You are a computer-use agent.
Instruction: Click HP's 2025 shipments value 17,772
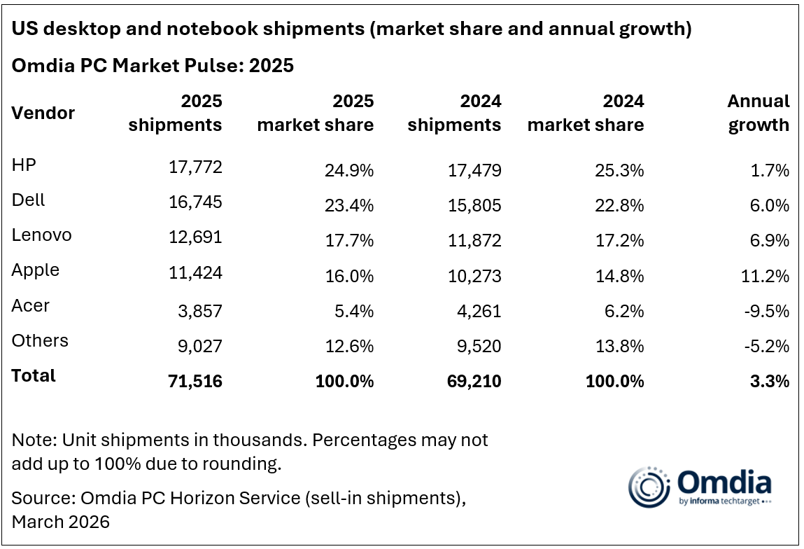click(x=195, y=167)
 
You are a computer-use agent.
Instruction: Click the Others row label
click(x=40, y=341)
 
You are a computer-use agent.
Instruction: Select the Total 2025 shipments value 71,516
click(x=195, y=381)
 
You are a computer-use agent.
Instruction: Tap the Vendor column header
click(x=43, y=113)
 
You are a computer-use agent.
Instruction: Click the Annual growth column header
click(x=759, y=113)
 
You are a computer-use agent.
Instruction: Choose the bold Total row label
click(x=34, y=375)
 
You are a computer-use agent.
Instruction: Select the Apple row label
click(x=35, y=270)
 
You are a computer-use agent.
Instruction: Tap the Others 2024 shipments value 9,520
click(x=479, y=345)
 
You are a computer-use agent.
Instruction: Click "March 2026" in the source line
click(x=61, y=522)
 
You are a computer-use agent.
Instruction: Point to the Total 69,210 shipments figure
click(x=474, y=381)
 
